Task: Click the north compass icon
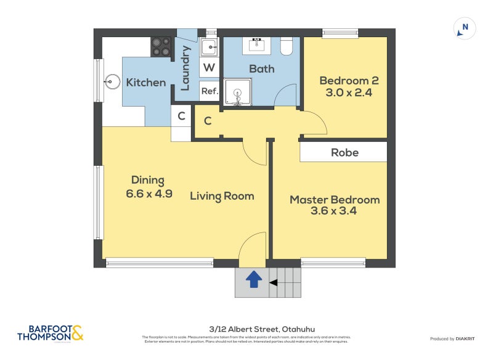464,28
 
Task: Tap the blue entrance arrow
253,280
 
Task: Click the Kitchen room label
146,82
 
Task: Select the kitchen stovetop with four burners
162,47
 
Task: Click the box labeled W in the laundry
209,67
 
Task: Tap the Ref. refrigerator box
209,91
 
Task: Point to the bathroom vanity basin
258,45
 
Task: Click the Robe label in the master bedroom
344,152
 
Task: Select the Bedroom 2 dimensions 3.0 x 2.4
348,93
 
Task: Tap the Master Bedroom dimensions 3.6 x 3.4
335,211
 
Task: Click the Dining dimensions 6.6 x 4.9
148,193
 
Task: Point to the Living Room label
222,196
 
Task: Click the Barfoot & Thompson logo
50,333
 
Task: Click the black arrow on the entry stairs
274,283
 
